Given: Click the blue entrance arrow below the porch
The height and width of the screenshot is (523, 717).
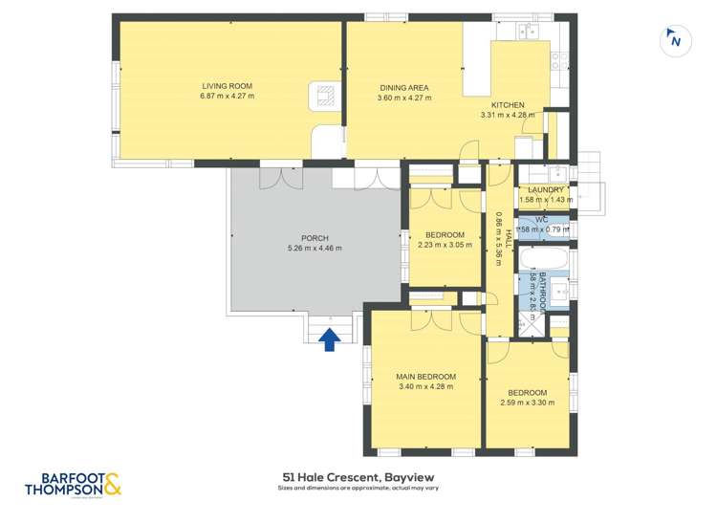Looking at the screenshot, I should coord(330,338).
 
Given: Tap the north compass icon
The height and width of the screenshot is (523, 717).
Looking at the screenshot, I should coord(675,40).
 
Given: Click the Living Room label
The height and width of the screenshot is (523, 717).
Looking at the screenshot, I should coord(227,86).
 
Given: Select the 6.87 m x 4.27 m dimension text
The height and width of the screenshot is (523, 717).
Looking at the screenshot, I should coord(227,97).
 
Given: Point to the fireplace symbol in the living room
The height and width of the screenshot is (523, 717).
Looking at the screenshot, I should coord(325,95).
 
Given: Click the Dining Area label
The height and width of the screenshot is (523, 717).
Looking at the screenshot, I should coord(403,87).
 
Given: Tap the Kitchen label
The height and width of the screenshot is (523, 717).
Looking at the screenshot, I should coord(508,105).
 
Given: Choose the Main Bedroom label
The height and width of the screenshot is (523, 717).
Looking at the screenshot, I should coord(425,377).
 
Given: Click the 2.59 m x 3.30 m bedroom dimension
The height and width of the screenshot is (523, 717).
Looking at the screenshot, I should coord(527,403).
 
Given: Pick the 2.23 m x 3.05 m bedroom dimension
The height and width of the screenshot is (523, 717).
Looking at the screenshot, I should coord(445,246).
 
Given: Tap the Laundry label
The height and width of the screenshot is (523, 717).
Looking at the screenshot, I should coord(546,190).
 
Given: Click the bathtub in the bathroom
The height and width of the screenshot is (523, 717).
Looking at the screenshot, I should coord(549,259).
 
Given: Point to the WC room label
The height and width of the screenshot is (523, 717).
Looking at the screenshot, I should coord(541,220).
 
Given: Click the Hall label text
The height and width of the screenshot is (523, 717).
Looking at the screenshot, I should coord(510,239).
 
